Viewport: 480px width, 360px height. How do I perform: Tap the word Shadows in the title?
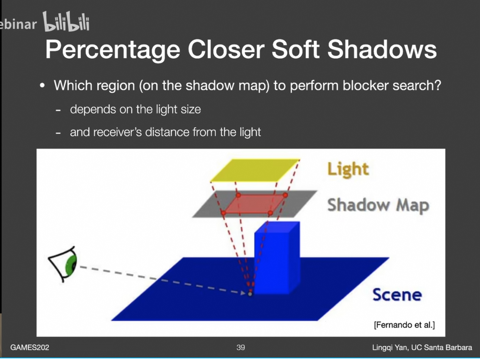(382, 50)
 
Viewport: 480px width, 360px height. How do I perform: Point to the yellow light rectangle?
(255, 170)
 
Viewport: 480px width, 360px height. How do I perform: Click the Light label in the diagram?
(348, 169)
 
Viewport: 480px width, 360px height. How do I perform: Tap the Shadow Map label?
(378, 205)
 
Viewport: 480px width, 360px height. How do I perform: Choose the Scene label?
(397, 295)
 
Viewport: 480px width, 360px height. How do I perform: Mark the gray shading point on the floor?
(250, 294)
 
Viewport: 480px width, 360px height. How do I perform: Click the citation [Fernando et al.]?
(404, 325)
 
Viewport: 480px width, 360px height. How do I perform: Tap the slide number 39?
(241, 347)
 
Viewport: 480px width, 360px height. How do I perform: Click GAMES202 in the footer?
(30, 347)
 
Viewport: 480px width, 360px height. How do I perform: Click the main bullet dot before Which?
(42, 86)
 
